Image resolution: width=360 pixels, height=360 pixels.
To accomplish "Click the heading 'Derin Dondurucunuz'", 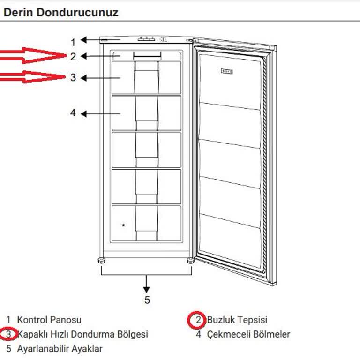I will [61, 12].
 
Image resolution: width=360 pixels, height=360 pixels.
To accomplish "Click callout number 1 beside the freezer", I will [73, 41].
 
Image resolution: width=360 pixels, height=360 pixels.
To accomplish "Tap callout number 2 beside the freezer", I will [73, 57].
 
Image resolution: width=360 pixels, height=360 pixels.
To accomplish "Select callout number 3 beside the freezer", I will [73, 77].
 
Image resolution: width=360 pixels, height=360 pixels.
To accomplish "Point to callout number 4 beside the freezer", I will [73, 113].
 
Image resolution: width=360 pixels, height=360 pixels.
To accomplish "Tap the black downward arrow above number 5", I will [147, 283].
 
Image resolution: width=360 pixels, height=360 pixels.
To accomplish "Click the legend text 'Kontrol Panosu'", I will [49, 320].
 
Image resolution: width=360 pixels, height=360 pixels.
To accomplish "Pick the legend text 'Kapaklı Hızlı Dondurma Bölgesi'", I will [83, 335].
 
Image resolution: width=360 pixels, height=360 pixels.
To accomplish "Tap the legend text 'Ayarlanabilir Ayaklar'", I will [60, 349].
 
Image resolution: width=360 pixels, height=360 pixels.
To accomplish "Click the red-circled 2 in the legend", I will [198, 320].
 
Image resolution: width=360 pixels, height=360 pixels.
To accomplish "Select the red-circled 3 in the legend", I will [8, 335].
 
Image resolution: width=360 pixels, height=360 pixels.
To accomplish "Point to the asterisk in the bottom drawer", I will [123, 225].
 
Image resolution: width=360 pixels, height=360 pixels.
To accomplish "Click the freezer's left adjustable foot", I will [101, 261].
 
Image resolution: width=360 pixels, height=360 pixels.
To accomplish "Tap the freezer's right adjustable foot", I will [190, 261].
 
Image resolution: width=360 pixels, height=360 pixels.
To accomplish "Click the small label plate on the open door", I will [229, 71].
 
